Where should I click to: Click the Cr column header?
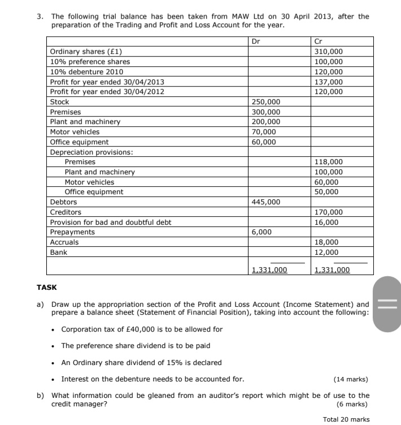click(318, 41)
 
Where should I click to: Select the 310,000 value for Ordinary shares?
click(328, 51)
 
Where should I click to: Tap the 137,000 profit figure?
click(328, 81)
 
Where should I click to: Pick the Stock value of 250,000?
click(265, 102)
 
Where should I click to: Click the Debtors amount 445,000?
click(265, 202)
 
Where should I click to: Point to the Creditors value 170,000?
click(328, 212)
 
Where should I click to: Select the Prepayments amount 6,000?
click(261, 232)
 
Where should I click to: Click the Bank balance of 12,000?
click(326, 252)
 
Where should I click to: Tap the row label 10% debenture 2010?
click(86, 72)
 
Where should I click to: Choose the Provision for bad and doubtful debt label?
click(111, 222)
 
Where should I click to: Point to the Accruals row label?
click(64, 242)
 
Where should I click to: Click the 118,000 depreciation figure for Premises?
click(328, 162)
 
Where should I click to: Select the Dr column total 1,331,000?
click(269, 270)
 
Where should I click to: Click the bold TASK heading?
click(47, 287)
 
